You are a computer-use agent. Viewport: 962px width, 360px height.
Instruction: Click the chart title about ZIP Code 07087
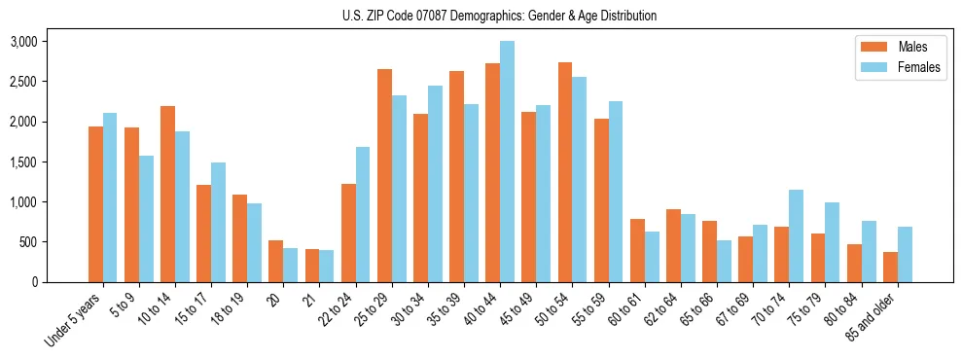point(499,16)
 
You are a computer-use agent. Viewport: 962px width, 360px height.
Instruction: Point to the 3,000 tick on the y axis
point(22,42)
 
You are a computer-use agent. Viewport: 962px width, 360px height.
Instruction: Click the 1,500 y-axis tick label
point(22,162)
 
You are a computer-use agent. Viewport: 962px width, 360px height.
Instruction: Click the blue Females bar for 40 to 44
point(507,162)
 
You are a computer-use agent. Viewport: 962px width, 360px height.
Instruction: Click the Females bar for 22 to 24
point(363,214)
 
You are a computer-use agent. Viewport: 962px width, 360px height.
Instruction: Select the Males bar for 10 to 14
point(167,194)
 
